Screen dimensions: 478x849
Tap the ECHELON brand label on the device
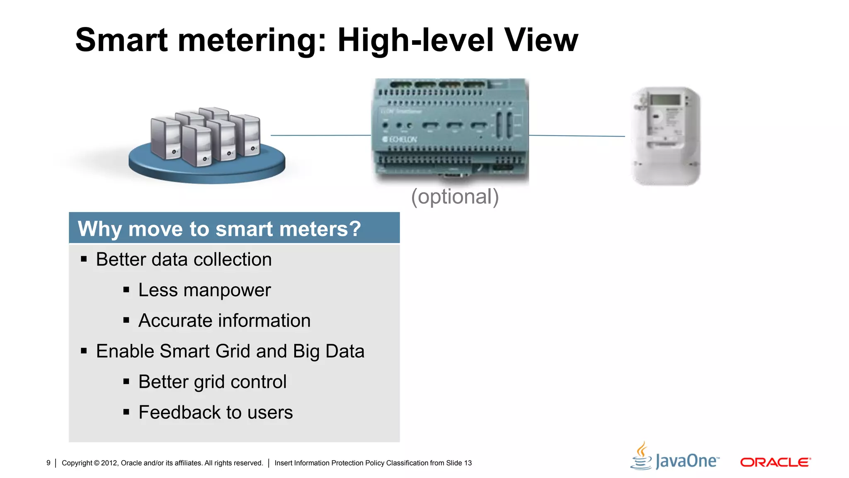pos(400,139)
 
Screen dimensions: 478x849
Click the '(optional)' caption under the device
pos(455,197)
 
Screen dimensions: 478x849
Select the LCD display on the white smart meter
pos(665,100)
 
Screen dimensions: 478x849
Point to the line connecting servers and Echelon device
pos(320,135)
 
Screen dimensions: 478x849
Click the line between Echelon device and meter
pos(577,136)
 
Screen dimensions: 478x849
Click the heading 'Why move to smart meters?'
pos(219,229)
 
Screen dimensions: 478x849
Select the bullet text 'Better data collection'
pos(184,260)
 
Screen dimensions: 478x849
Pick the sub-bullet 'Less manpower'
pos(204,290)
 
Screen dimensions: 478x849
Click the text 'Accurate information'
pos(224,321)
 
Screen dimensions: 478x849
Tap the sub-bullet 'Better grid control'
pos(212,382)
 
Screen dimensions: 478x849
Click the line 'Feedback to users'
pos(216,412)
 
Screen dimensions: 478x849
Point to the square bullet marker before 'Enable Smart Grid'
pos(84,351)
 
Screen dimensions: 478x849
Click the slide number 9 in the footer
pos(49,463)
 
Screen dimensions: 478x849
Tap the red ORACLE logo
pos(775,462)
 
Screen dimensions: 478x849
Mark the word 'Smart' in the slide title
pos(121,40)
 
